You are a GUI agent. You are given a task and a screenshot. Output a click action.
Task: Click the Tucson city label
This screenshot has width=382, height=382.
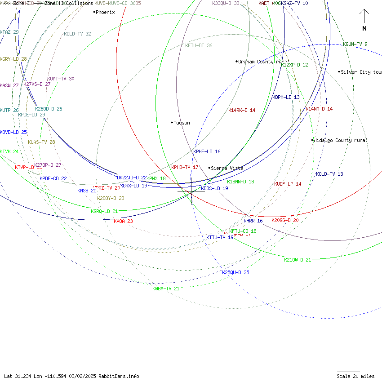(182, 123)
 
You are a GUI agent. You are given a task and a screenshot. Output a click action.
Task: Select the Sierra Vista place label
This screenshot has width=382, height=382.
(227, 168)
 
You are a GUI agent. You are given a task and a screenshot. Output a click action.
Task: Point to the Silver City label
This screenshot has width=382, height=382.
(361, 72)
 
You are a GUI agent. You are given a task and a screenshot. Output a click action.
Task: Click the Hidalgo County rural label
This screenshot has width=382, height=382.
(340, 140)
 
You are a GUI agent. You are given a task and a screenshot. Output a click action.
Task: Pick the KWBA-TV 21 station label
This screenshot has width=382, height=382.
(166, 289)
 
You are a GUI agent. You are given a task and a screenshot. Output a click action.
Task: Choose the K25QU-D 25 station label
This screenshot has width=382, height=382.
(235, 272)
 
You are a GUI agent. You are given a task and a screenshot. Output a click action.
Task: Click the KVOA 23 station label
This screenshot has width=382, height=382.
(123, 221)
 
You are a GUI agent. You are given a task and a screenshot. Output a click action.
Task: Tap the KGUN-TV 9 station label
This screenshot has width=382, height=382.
(355, 44)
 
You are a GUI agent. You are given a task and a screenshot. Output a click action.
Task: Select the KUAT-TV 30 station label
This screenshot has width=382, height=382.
(61, 79)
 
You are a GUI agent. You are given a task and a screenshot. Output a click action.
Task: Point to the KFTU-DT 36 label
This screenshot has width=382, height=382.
(199, 45)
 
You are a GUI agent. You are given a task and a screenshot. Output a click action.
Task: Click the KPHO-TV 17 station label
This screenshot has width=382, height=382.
(185, 167)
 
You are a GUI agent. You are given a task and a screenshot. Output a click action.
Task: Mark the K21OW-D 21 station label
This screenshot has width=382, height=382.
(298, 260)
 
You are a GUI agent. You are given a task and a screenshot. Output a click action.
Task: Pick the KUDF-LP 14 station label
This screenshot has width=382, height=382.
(288, 184)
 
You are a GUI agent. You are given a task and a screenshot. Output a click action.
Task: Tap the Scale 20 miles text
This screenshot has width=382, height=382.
(355, 376)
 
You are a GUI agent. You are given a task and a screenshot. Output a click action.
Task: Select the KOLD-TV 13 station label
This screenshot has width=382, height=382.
(329, 174)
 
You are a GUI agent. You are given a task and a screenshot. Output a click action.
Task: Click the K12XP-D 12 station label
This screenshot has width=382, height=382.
(294, 65)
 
